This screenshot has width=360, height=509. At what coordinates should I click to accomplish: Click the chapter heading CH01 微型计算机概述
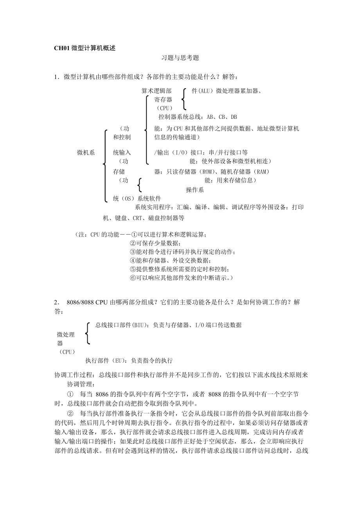85,48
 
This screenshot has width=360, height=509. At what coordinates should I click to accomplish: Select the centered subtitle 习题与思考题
180,58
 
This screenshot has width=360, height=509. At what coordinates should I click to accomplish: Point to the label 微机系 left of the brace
86,152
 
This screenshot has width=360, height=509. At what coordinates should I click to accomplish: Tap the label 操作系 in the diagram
194,190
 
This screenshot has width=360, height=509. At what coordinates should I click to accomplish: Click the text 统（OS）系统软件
137,199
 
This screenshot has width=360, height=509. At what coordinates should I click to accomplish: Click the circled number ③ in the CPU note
132,252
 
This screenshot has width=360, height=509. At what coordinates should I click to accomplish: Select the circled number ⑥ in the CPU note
132,278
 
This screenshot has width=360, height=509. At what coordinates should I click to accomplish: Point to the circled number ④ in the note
132,260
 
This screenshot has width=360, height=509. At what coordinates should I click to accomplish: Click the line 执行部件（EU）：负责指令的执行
129,360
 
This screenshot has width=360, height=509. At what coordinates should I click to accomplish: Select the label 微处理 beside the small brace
65,335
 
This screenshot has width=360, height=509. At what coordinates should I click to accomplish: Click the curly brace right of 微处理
88,334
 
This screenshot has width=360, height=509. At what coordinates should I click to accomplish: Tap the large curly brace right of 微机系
105,166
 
